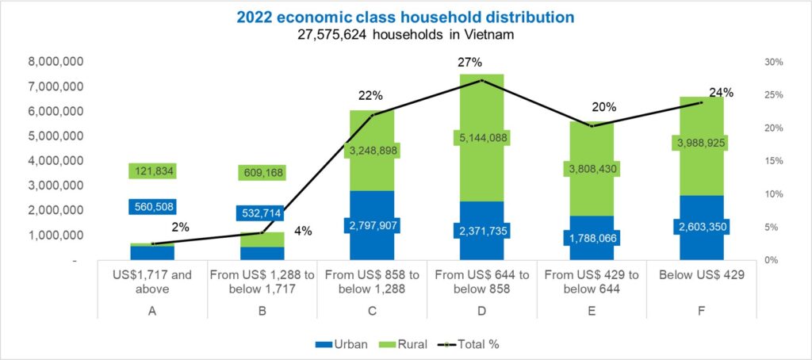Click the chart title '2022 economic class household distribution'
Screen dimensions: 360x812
(x=405, y=16)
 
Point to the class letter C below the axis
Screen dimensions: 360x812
(x=371, y=312)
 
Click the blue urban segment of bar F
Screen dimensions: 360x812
(x=700, y=238)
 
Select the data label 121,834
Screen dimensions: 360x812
(x=151, y=170)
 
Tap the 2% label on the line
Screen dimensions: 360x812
(x=180, y=227)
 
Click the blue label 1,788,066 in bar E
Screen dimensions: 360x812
(x=591, y=237)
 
